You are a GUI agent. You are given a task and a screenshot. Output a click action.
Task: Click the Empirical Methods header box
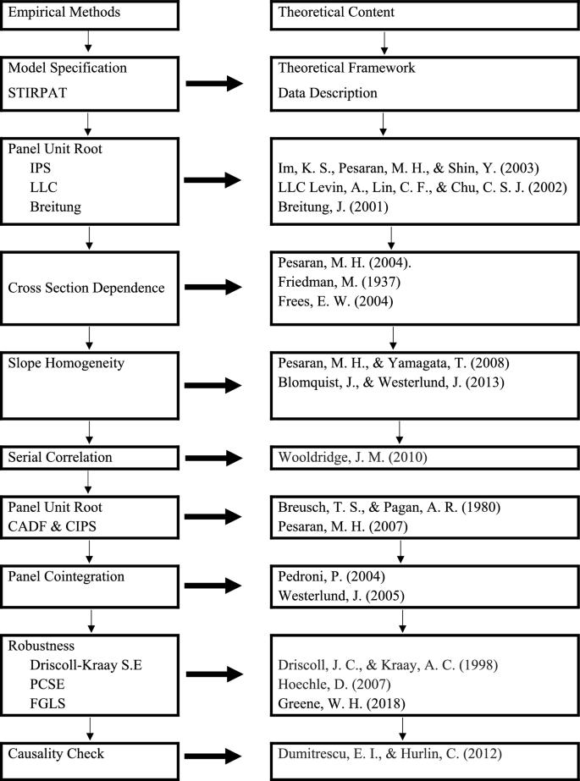(x=89, y=14)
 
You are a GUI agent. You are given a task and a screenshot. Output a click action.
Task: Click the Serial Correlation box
(x=89, y=458)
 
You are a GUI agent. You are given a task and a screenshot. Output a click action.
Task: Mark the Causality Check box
(x=89, y=753)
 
